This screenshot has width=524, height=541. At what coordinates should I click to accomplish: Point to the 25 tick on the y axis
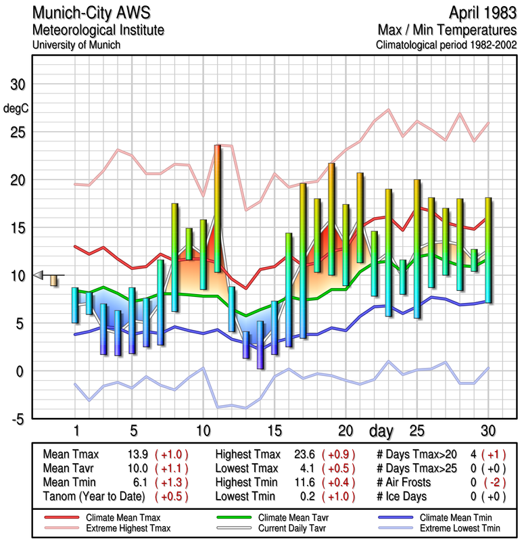pyautogui.click(x=16, y=133)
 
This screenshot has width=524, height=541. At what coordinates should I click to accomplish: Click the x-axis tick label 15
pyautogui.click(x=275, y=431)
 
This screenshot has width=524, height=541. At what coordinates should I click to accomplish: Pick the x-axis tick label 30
pyautogui.click(x=488, y=431)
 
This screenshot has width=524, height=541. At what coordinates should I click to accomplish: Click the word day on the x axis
pyautogui.click(x=383, y=431)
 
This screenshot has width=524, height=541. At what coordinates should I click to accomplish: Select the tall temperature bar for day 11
pyautogui.click(x=218, y=208)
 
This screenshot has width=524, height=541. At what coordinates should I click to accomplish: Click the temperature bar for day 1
pyautogui.click(x=75, y=305)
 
